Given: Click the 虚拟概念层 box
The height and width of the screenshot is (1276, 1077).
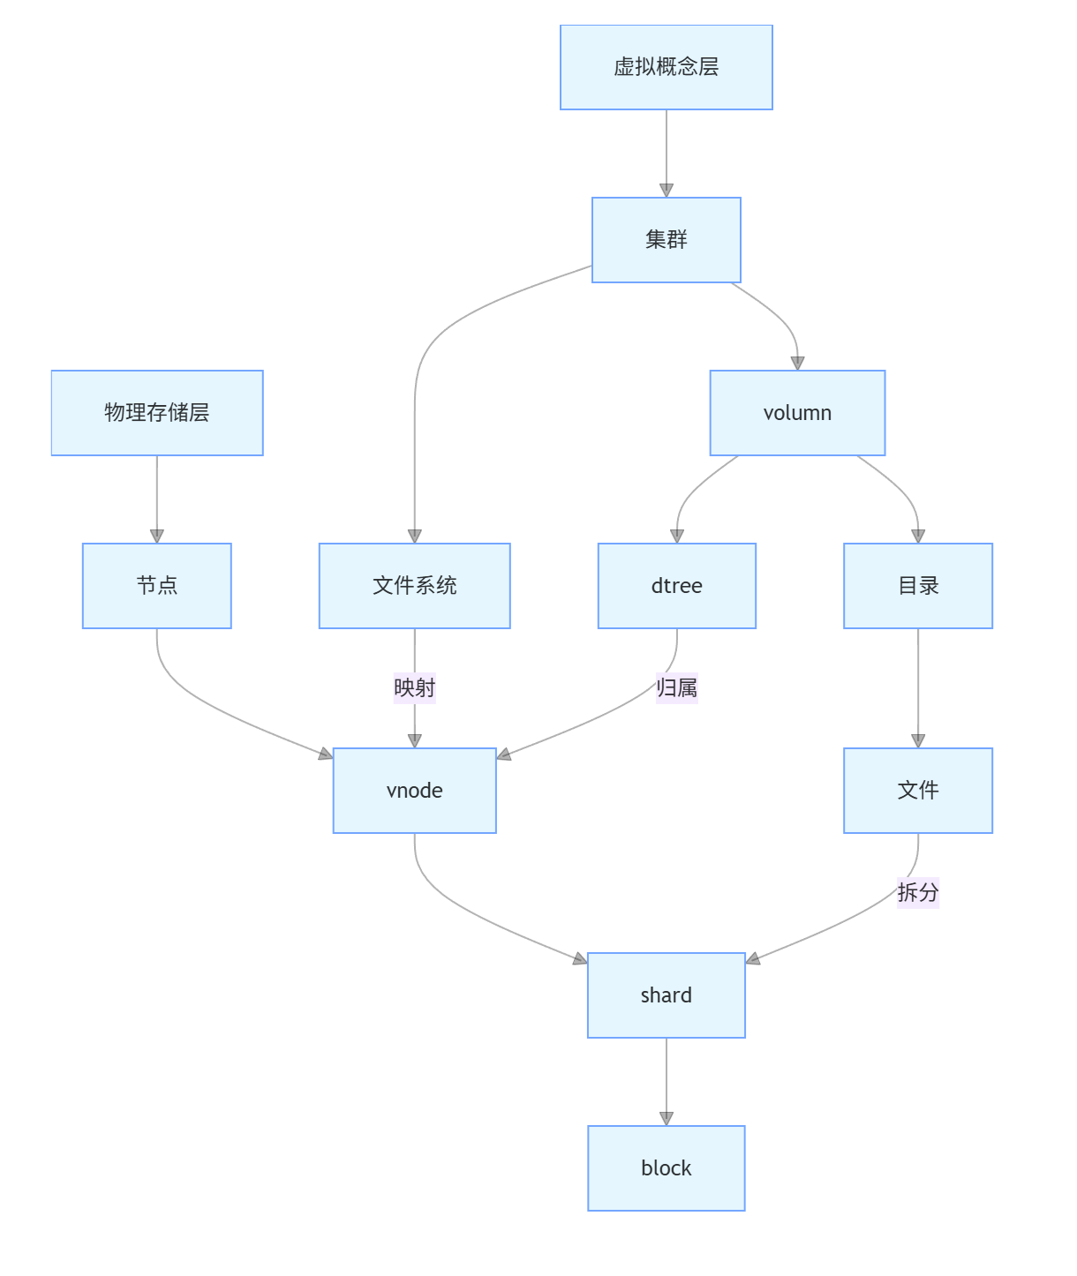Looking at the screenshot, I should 666,67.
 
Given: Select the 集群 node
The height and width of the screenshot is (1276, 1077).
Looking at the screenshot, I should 666,239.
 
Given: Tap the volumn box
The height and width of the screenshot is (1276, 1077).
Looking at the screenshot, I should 797,412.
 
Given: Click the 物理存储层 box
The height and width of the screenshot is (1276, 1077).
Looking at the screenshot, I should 157,412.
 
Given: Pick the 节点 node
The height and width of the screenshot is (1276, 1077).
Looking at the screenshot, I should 157,585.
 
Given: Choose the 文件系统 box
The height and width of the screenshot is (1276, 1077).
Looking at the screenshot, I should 414,585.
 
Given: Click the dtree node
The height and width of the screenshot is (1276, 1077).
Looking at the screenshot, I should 676,585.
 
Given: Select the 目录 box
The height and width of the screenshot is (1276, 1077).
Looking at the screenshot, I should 917,585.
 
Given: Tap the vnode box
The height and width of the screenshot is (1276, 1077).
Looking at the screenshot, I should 414,790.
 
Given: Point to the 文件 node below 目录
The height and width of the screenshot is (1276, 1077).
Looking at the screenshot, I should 917,790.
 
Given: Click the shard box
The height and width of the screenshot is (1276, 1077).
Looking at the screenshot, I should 666,995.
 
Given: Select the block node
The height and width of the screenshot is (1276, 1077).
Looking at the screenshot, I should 666,1167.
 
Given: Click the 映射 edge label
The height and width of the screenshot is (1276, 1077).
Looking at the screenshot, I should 414,687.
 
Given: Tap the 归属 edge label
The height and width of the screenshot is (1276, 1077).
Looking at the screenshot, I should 676,687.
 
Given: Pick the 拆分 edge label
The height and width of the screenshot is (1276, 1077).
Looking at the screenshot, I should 917,892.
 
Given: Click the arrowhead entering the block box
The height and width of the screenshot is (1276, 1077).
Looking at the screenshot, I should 666,1118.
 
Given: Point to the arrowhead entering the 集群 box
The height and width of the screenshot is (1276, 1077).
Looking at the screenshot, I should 666,190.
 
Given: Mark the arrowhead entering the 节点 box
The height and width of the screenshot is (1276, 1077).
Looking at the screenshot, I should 157,536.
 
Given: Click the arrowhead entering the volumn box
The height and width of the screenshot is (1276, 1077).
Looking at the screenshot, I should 797,363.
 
